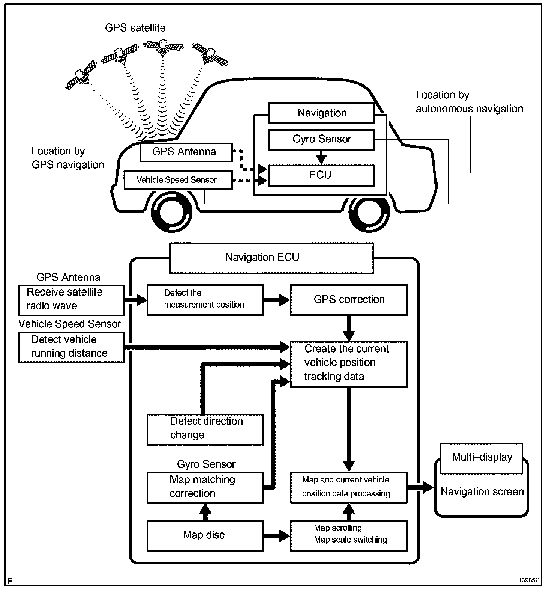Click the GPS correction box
pyautogui.click(x=348, y=300)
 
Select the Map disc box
pyautogui.click(x=205, y=535)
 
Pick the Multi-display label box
pyautogui.click(x=481, y=457)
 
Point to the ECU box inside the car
pyautogui.click(x=321, y=175)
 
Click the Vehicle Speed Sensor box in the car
pyautogui.click(x=178, y=180)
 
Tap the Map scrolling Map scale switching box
pyautogui.click(x=348, y=535)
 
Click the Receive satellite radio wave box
pyautogui.click(x=71, y=300)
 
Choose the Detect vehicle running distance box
pyautogui.click(x=71, y=347)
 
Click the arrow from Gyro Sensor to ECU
pyautogui.click(x=321, y=158)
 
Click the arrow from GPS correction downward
pyautogui.click(x=349, y=328)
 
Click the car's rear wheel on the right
pyautogui.click(x=370, y=212)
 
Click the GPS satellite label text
pyautogui.click(x=135, y=28)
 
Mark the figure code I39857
pyautogui.click(x=529, y=580)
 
